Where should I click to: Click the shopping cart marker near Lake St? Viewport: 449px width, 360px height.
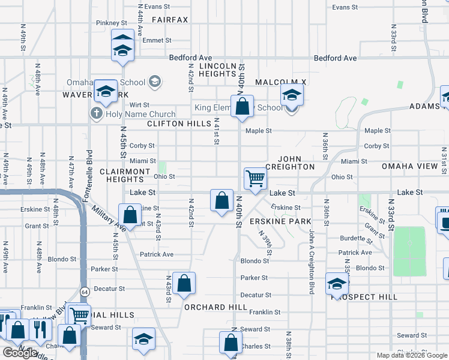256,179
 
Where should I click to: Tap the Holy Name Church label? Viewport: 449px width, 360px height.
140,114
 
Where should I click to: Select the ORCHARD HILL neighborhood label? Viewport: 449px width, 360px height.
215,307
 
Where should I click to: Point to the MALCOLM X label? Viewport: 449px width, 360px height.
280,82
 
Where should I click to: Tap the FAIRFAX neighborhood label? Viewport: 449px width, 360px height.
170,20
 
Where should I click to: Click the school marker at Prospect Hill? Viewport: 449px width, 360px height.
337,283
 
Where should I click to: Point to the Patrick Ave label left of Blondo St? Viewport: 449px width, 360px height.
156,254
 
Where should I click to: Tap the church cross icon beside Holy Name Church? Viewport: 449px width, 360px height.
96,113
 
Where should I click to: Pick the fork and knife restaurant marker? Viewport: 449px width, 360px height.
40,328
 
